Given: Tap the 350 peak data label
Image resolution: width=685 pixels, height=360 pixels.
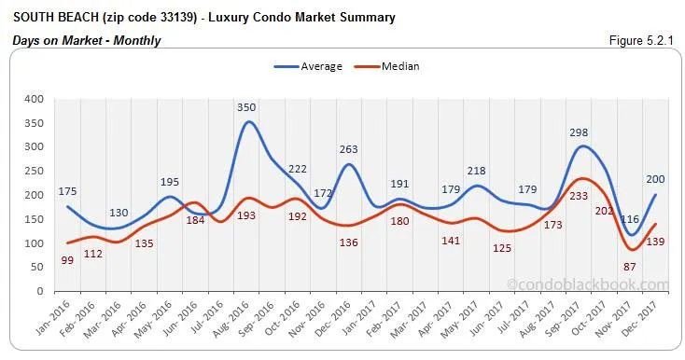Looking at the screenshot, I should pyautogui.click(x=246, y=107).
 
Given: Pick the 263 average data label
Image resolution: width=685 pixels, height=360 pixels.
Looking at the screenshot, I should pyautogui.click(x=348, y=149).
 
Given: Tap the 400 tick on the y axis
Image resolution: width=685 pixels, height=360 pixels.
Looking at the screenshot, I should pyautogui.click(x=35, y=99).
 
